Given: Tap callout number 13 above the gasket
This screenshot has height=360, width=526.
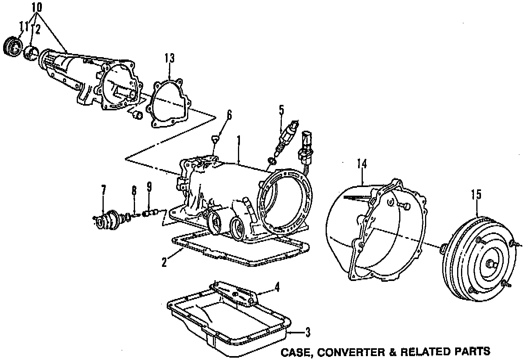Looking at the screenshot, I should coord(169,58).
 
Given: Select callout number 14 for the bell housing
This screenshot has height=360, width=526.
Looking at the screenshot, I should coord(362,164).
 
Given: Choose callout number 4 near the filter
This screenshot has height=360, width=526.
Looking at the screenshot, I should coord(277,288).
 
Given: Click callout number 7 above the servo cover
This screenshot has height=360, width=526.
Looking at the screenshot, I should coord(103,191).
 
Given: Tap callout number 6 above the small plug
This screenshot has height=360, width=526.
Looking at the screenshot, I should coord(229,115).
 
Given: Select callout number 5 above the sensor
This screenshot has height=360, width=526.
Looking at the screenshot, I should coord(281,110).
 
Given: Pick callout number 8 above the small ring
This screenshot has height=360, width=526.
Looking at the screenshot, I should coord(134,191).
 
